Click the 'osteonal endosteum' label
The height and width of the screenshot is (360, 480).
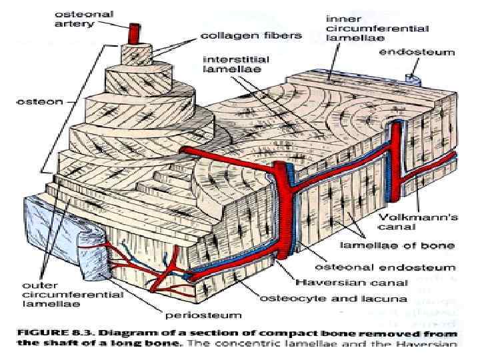[360, 265]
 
